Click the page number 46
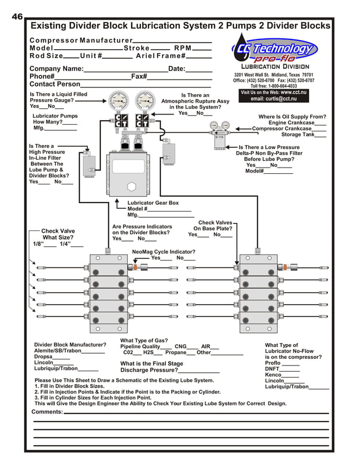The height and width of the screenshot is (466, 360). click(x=16, y=16)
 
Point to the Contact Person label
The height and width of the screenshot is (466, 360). click(x=55, y=84)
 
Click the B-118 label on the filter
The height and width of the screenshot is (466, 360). click(x=219, y=137)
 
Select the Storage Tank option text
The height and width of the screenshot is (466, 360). click(x=298, y=135)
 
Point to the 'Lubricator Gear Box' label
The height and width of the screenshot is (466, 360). click(x=153, y=203)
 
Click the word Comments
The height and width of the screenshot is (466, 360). click(x=47, y=412)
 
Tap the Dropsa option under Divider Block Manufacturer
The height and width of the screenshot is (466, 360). click(x=44, y=357)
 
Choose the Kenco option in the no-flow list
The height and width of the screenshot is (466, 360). click(x=273, y=375)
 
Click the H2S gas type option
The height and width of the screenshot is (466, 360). click(x=148, y=353)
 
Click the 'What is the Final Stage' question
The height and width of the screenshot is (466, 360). click(x=152, y=364)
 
